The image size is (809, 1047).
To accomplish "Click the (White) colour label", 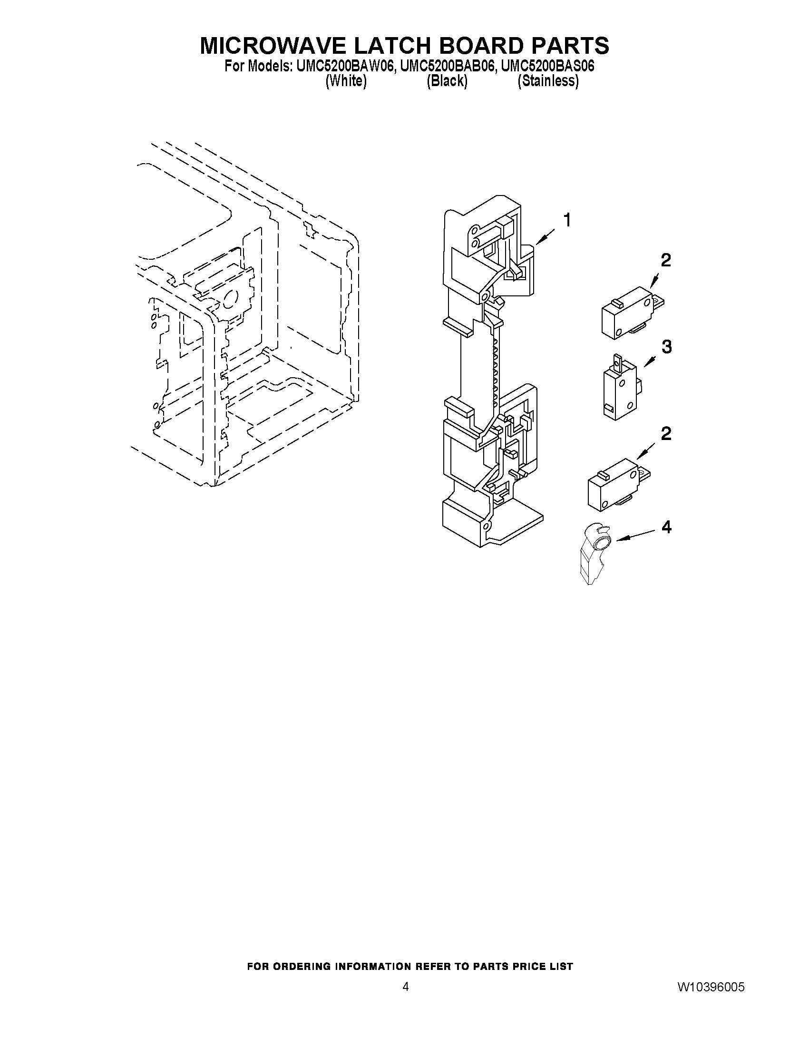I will [346, 81].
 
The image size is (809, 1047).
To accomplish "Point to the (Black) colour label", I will [447, 81].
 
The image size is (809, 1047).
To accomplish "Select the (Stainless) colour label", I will [548, 81].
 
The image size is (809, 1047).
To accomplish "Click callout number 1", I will [567, 221].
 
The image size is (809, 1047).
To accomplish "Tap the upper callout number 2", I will [666, 260].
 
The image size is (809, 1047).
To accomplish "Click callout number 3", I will [667, 347].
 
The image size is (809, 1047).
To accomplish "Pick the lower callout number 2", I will [666, 434].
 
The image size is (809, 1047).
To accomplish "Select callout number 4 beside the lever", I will [666, 528].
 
